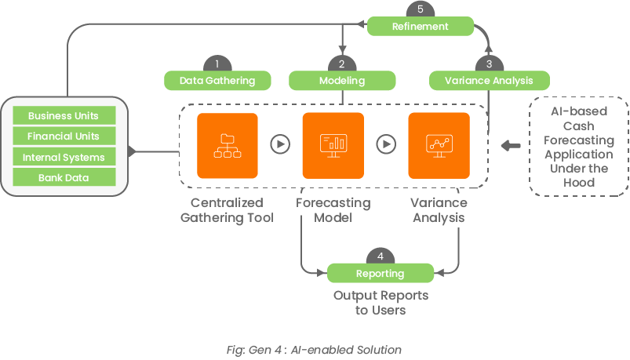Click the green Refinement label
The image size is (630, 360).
pyautogui.click(x=421, y=26)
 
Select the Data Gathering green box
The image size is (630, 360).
pyautogui.click(x=217, y=80)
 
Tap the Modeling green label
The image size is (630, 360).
pyautogui.click(x=341, y=80)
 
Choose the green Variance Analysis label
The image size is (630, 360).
pyautogui.click(x=489, y=80)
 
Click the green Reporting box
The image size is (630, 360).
pyautogui.click(x=381, y=274)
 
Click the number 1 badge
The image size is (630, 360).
pyautogui.click(x=217, y=64)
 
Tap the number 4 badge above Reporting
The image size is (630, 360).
pyautogui.click(x=381, y=257)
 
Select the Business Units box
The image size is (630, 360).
pyautogui.click(x=64, y=116)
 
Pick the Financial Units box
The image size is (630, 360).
pyautogui.click(x=64, y=136)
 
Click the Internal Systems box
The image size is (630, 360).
pyautogui.click(x=64, y=157)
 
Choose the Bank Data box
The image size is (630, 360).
pyautogui.click(x=64, y=177)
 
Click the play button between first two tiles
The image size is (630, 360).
pyautogui.click(x=280, y=144)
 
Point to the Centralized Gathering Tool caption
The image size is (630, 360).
pyautogui.click(x=227, y=210)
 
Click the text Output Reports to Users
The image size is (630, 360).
pyautogui.click(x=381, y=302)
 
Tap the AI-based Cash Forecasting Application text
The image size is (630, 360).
pyautogui.click(x=578, y=147)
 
